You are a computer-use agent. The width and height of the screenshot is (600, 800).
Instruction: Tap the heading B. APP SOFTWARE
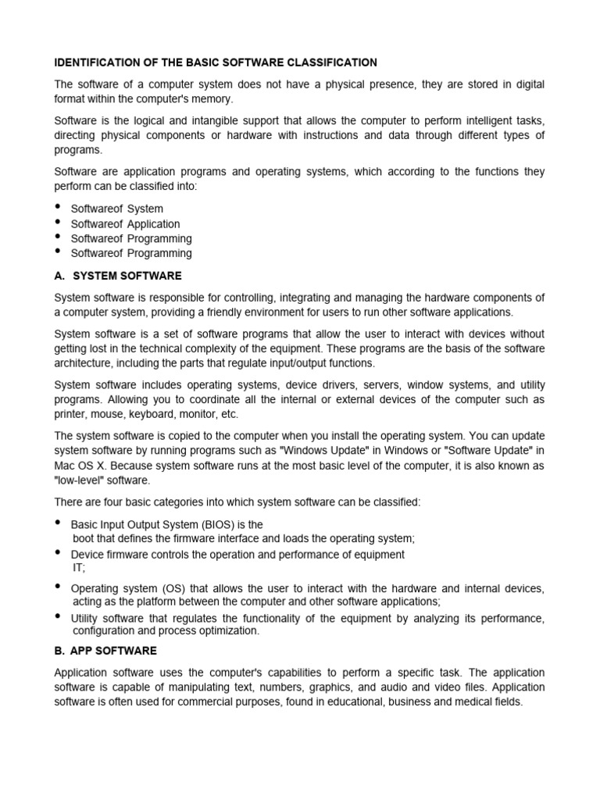click(x=105, y=651)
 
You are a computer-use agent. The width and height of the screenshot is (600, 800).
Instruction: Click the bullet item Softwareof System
click(x=117, y=209)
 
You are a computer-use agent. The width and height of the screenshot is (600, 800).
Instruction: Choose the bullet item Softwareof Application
click(x=125, y=223)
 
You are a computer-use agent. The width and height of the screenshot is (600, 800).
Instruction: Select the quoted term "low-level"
click(x=81, y=480)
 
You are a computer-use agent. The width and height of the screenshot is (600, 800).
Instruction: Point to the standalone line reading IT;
click(x=79, y=569)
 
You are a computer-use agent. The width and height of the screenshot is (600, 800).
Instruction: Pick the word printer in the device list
click(x=72, y=414)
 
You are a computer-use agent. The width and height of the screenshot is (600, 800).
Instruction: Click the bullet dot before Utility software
click(x=59, y=616)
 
